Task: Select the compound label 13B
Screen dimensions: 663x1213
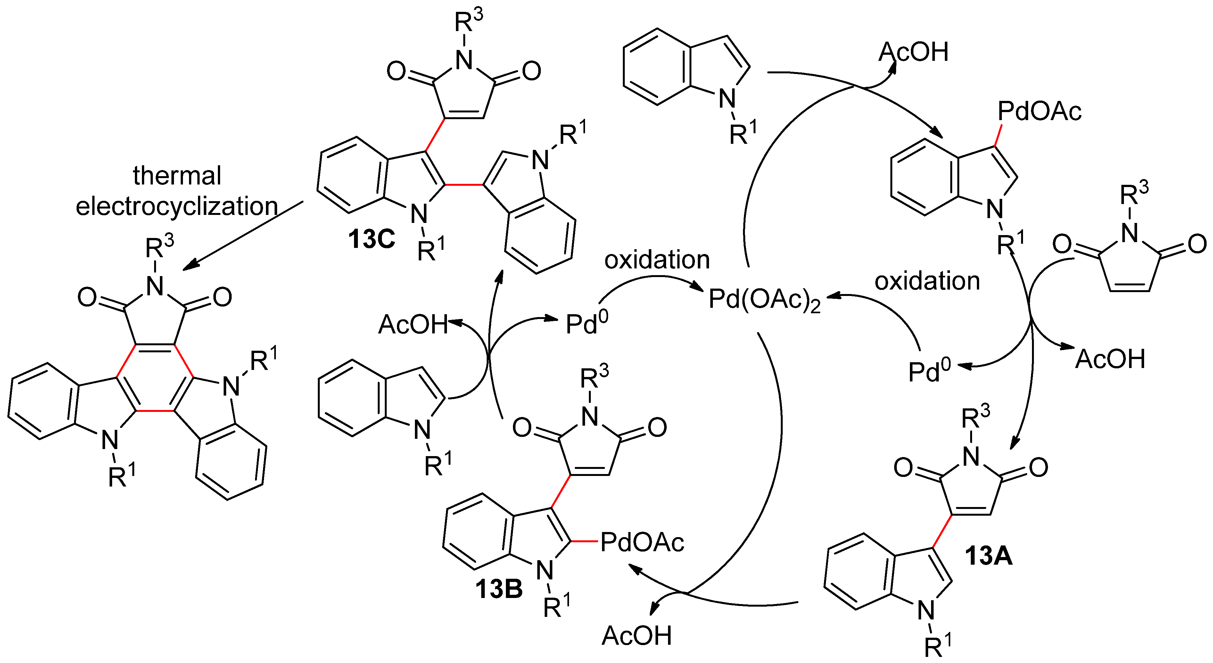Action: (x=499, y=589)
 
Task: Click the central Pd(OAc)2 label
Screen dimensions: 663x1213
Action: (x=764, y=299)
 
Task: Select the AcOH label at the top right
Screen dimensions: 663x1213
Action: (x=913, y=52)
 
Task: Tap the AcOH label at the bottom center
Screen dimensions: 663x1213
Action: (x=637, y=636)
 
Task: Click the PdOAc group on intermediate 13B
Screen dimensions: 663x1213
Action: (x=642, y=543)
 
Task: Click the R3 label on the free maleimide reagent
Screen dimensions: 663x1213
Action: (x=1134, y=193)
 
